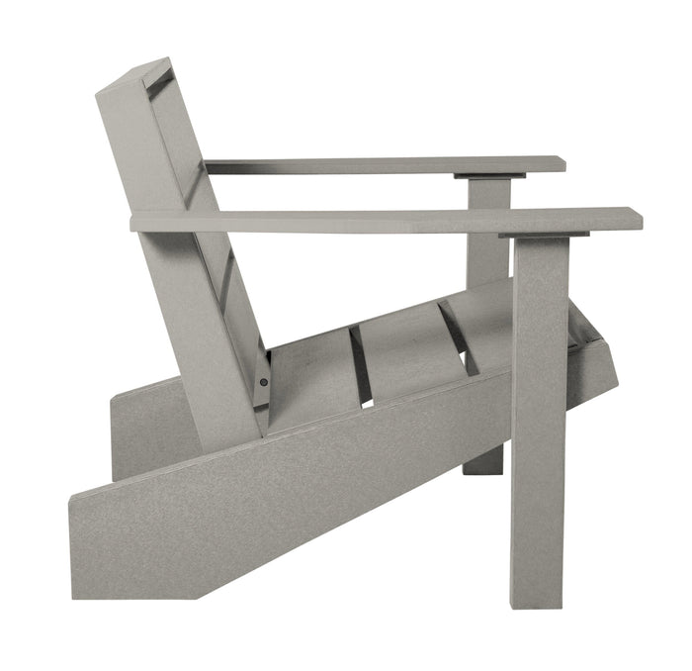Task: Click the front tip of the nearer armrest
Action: (x=636, y=219)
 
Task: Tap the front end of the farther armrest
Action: (x=561, y=164)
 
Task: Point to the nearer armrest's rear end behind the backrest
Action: (x=136, y=222)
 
